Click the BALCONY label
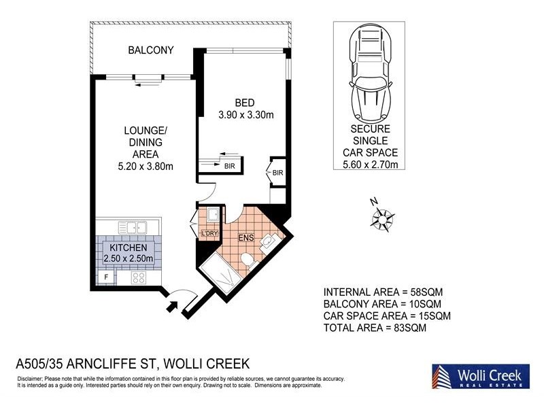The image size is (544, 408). tap(151, 50)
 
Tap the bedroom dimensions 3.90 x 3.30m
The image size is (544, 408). tap(245, 115)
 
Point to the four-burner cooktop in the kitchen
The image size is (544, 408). tap(139, 277)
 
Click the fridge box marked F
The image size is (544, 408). tap(105, 277)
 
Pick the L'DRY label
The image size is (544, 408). tap(208, 235)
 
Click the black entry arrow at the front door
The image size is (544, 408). tap(171, 307)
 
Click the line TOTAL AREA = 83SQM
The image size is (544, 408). tap(376, 328)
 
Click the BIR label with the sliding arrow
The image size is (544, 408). tap(229, 165)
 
